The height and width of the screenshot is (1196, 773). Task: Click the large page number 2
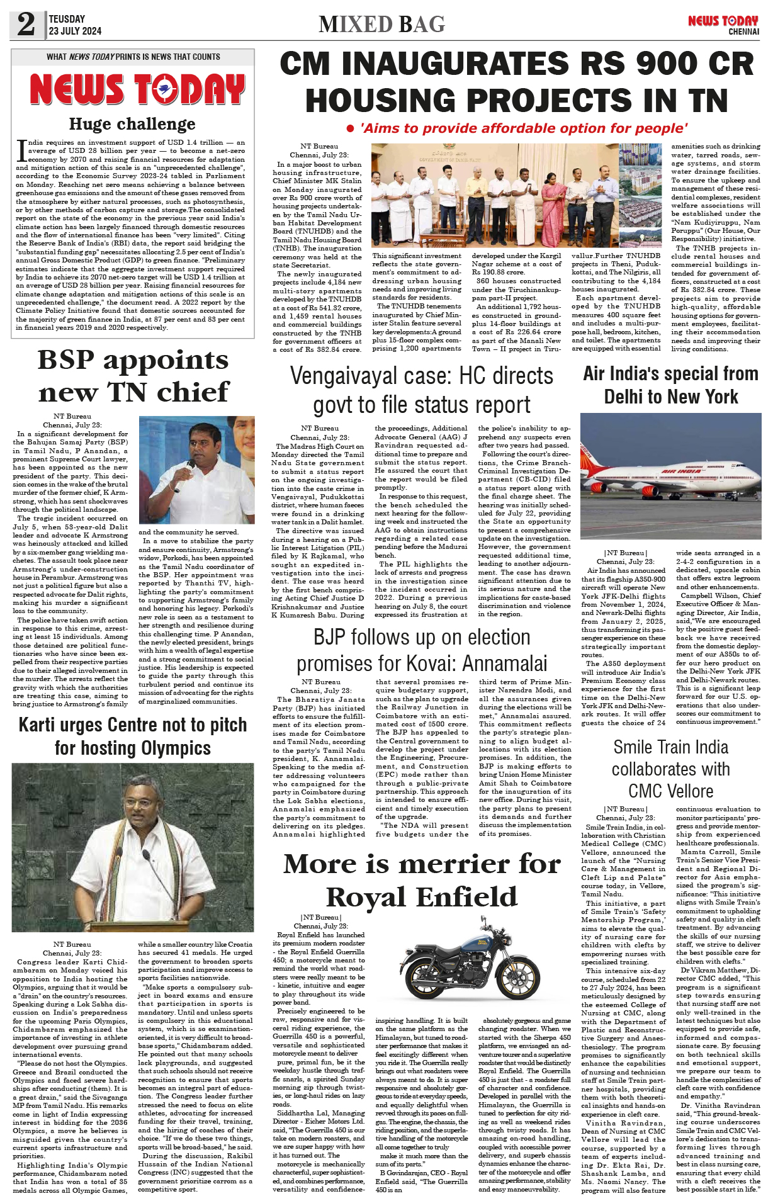[26, 25]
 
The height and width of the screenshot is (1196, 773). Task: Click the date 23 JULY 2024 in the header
[75, 31]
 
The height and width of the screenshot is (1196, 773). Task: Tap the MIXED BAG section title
[381, 25]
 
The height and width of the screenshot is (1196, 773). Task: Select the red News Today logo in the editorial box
[137, 89]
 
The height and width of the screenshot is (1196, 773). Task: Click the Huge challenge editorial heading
[132, 124]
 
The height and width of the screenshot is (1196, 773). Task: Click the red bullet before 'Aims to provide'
[351, 129]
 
